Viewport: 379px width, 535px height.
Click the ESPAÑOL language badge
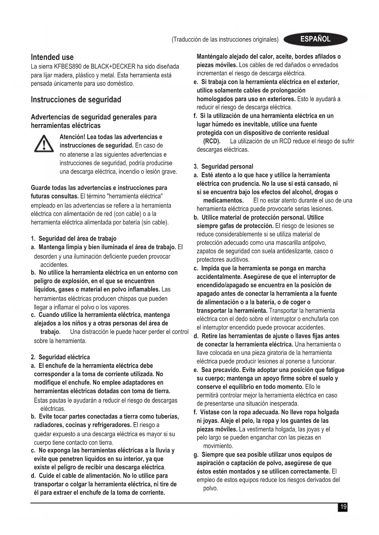315,39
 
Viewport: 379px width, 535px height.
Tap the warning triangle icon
44,144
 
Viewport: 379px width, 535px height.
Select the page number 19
343,507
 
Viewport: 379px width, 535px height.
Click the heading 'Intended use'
52,57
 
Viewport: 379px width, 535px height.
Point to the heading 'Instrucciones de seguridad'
76,99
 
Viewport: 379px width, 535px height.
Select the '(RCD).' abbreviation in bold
212,141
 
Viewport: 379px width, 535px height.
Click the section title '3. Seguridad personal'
224,167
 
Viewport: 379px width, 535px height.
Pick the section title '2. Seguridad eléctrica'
60,357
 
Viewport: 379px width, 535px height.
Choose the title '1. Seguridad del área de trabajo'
74,239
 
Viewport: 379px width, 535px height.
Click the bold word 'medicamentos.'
223,200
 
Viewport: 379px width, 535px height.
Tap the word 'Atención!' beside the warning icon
72,137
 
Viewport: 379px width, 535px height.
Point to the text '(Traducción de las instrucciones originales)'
225,39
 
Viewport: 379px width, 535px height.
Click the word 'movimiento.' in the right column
218,446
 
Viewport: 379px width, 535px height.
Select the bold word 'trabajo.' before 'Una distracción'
50,332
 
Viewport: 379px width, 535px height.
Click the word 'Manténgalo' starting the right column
212,56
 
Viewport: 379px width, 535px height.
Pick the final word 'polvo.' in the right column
210,488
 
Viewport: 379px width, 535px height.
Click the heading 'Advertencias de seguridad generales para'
94,117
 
